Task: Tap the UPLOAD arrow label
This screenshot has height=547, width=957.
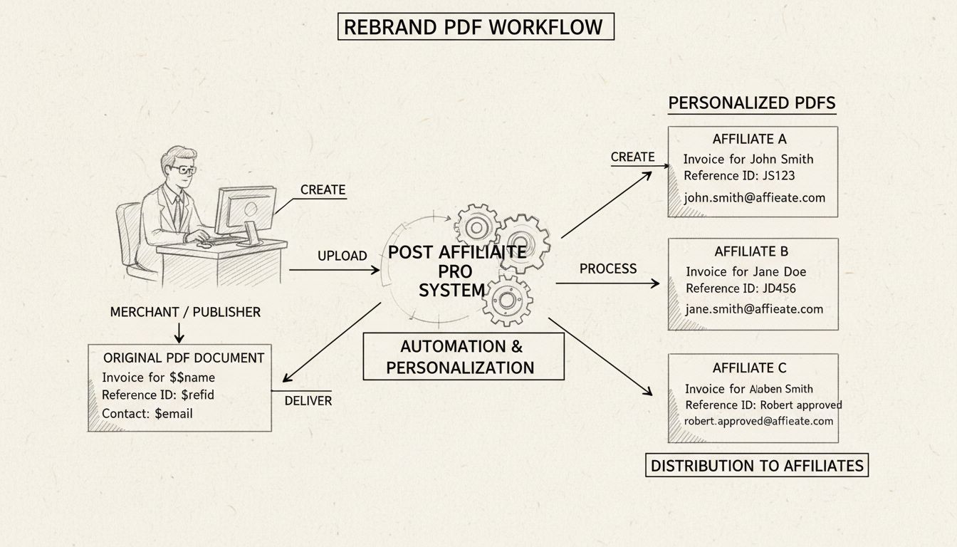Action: click(342, 256)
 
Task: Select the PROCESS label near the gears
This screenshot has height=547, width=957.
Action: click(607, 269)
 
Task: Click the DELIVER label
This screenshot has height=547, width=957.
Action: click(308, 401)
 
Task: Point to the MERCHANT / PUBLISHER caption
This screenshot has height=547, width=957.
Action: click(185, 312)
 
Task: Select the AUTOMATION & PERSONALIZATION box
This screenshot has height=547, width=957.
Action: click(462, 357)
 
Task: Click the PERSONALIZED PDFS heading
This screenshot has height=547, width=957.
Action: click(751, 103)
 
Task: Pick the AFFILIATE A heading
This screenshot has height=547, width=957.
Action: click(749, 139)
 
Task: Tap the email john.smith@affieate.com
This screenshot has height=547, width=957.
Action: click(754, 198)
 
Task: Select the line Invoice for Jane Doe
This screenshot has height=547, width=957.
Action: click(746, 271)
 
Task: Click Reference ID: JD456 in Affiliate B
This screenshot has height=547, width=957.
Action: click(741, 288)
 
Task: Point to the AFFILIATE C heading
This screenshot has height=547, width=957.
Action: click(749, 368)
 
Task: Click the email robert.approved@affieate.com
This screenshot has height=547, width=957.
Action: click(758, 421)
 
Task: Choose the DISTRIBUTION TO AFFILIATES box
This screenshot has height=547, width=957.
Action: click(757, 466)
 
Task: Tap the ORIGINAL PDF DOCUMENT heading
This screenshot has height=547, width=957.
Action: click(184, 358)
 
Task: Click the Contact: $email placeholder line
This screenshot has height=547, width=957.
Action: click(147, 413)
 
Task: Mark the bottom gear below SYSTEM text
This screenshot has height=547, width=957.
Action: click(507, 300)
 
